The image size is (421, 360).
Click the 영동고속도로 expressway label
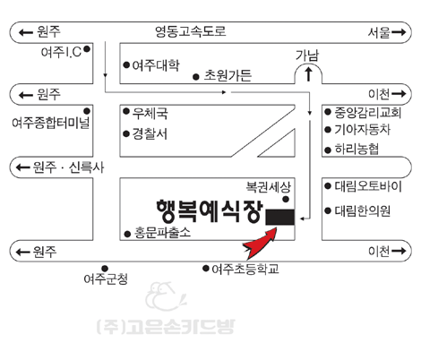[191, 31]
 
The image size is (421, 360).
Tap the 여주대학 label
[156, 64]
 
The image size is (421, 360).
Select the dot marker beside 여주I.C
[87, 49]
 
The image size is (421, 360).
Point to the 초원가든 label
[228, 75]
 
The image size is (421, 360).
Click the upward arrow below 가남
[308, 73]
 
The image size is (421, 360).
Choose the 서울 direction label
[379, 32]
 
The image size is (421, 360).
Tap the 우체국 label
[150, 113]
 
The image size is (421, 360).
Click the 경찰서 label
[150, 133]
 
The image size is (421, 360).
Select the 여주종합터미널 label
[51, 123]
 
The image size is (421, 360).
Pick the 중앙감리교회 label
[367, 112]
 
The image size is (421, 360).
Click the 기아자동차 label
[362, 130]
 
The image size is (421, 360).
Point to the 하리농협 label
[357, 149]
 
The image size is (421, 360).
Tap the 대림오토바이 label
[368, 186]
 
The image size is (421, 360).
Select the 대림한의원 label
[362, 210]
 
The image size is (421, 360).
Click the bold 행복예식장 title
[210, 211]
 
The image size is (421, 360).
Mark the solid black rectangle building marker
[280, 217]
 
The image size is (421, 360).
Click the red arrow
[261, 244]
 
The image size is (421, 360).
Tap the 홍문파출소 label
[162, 232]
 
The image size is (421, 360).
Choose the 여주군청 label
[106, 279]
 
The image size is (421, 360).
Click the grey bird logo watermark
[165, 296]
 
